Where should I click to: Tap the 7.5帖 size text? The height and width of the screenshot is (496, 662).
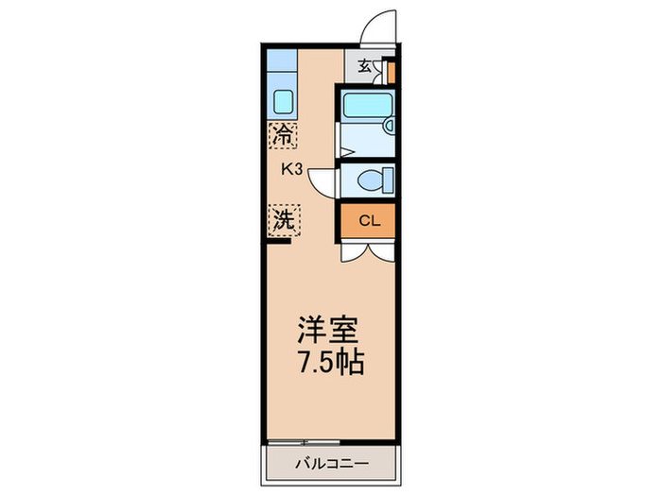click(x=329, y=363)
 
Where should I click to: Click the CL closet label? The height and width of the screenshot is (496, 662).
click(x=369, y=223)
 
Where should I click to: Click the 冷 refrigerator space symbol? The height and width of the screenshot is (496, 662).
click(x=282, y=134)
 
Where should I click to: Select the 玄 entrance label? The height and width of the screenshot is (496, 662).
click(x=365, y=67)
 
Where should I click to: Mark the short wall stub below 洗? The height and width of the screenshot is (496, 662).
click(x=277, y=241)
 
